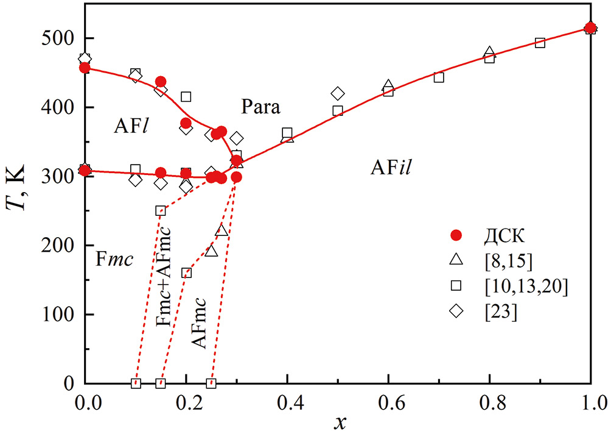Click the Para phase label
260,108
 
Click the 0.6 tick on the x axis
388,402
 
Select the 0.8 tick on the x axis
489,402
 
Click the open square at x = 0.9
540,43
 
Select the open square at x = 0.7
439,77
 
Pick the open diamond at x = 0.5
338,93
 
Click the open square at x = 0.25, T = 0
211,383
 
